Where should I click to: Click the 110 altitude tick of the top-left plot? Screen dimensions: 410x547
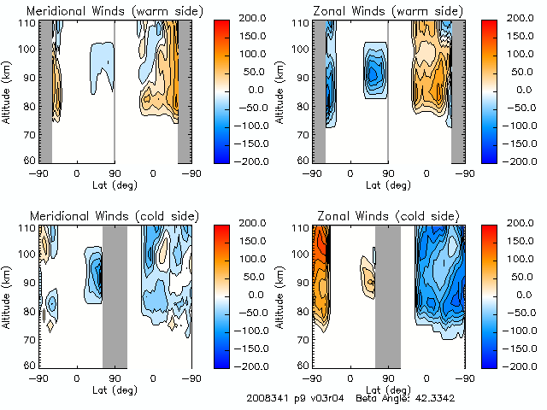[x=27, y=22]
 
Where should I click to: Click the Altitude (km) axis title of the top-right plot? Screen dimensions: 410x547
[x=280, y=91]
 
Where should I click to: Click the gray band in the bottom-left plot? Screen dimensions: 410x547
[x=115, y=295]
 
